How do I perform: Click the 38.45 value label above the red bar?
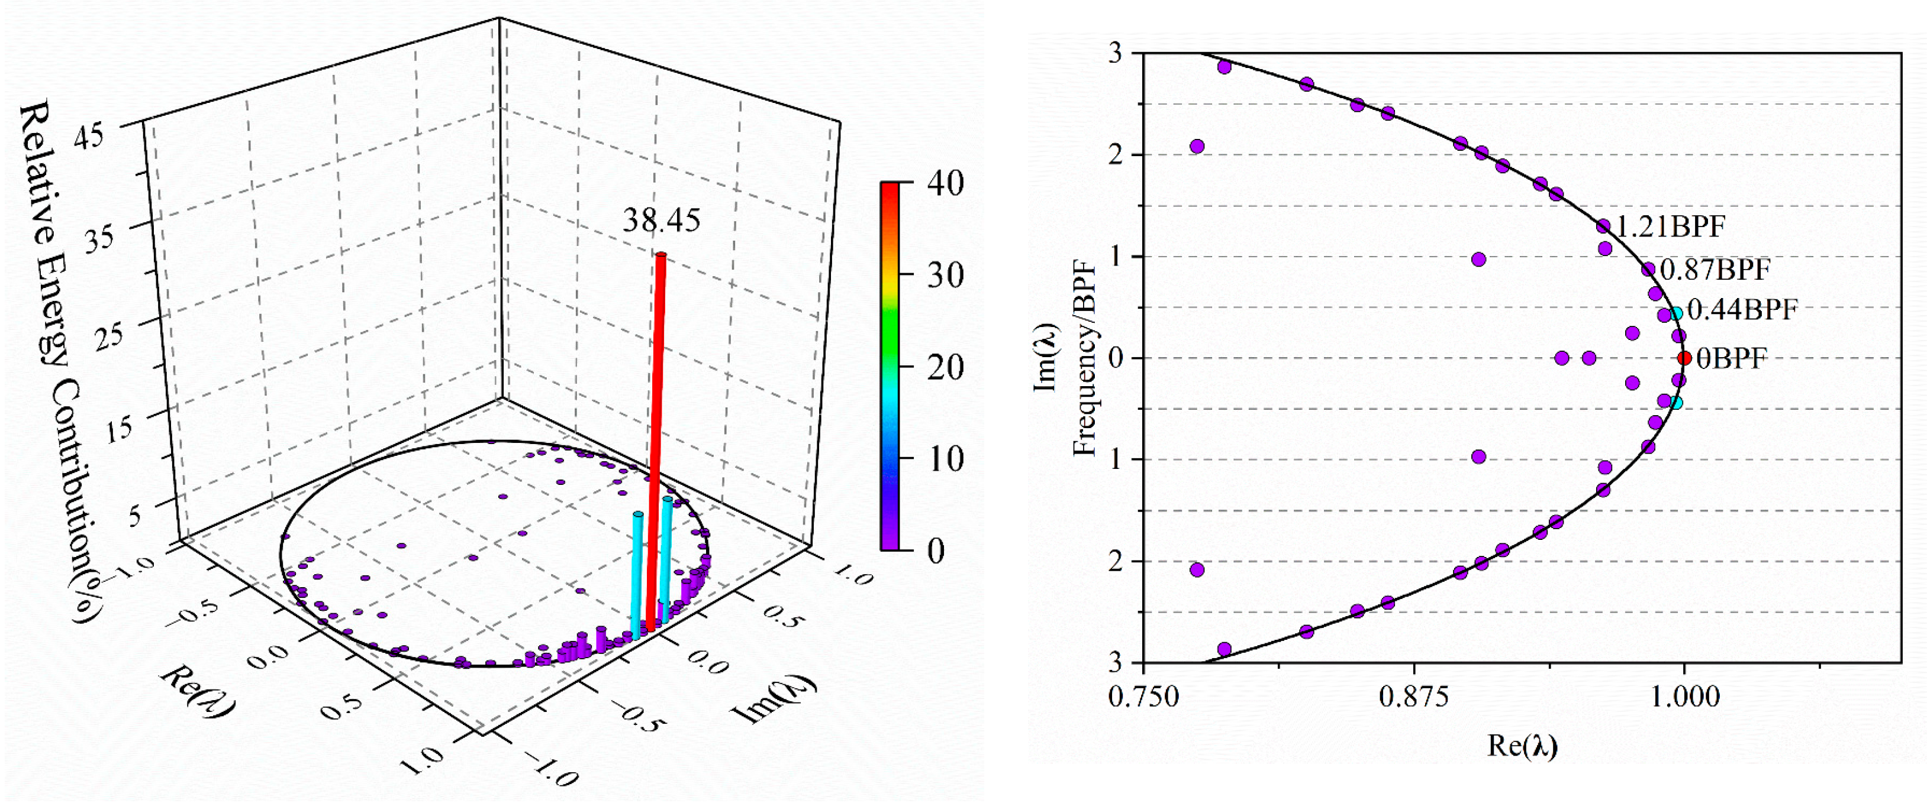pyautogui.click(x=661, y=221)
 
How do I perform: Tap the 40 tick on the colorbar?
pyautogui.click(x=945, y=183)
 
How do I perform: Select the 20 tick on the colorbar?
pyautogui.click(x=945, y=367)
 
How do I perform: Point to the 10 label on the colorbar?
pyautogui.click(x=945, y=459)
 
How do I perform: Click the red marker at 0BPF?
pyautogui.click(x=1684, y=358)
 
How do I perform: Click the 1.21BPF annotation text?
pyautogui.click(x=1670, y=226)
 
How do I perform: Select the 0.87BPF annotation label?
pyautogui.click(x=1715, y=269)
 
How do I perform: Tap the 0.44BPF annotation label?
pyautogui.click(x=1742, y=309)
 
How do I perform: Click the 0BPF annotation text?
pyautogui.click(x=1731, y=359)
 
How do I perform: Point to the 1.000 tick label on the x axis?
pyautogui.click(x=1684, y=697)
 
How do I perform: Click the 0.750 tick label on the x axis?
pyautogui.click(x=1143, y=697)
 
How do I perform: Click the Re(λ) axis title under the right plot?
pyautogui.click(x=1522, y=746)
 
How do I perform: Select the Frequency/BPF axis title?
pyautogui.click(x=1085, y=359)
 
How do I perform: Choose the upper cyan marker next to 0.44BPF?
pyautogui.click(x=1675, y=313)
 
